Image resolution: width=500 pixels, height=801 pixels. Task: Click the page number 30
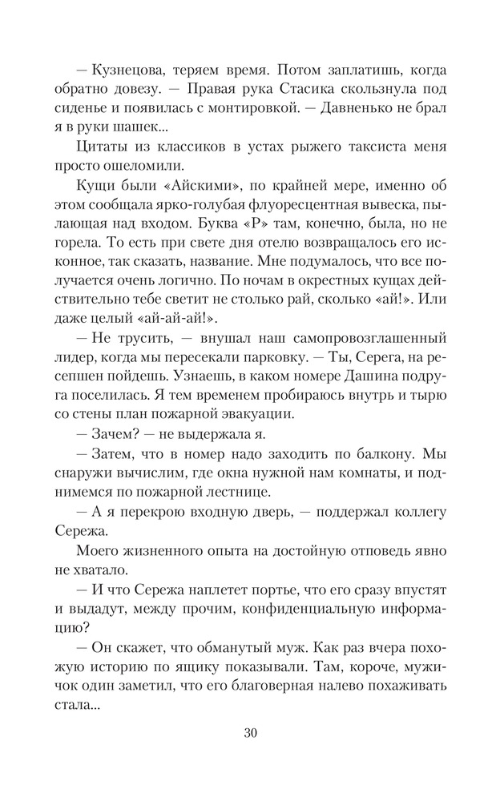click(x=250, y=732)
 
